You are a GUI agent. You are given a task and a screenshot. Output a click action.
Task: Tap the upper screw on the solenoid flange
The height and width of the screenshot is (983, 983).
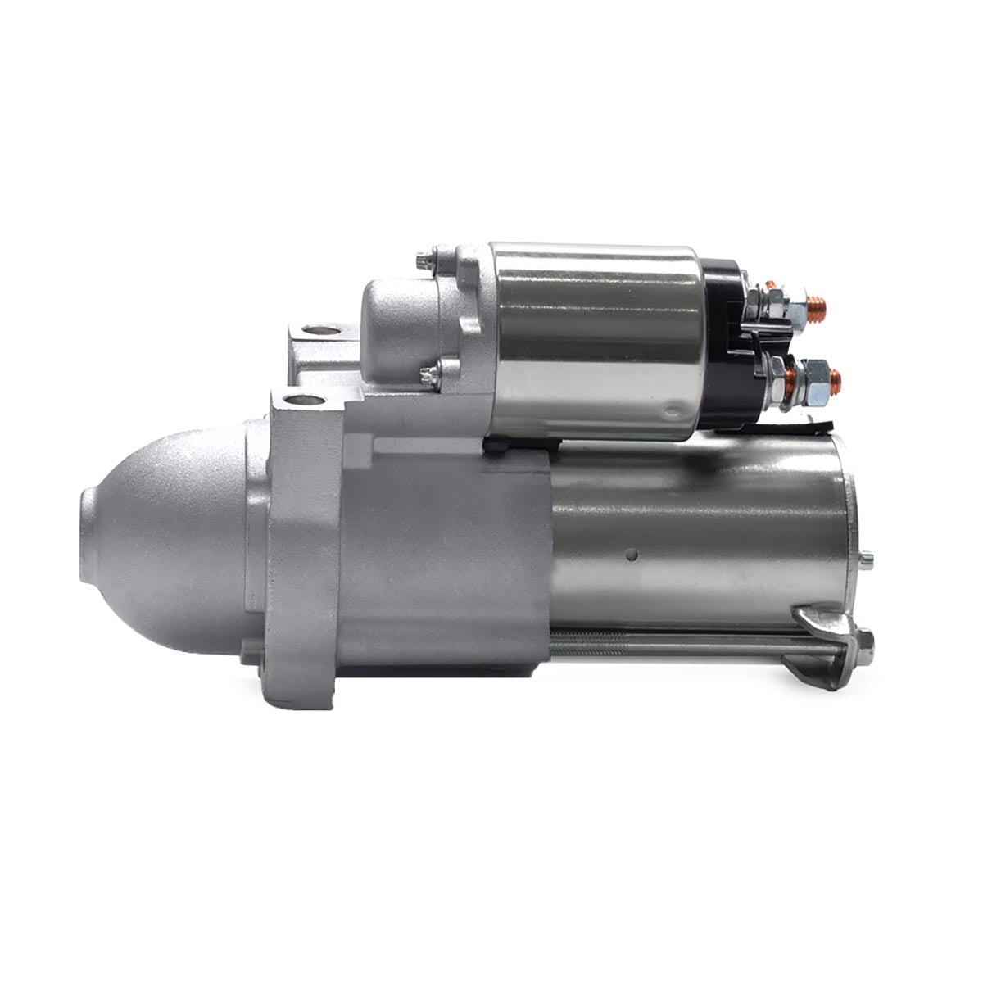point(424,261)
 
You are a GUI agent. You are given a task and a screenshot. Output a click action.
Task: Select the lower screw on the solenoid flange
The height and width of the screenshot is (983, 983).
point(428,376)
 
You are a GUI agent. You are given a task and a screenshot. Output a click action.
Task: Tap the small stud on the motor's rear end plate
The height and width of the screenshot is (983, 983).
point(867,560)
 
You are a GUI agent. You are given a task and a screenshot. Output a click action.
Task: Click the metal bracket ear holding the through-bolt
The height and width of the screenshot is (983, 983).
point(819,623)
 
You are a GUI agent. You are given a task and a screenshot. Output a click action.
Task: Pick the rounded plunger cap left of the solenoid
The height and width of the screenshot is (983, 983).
point(393,328)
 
